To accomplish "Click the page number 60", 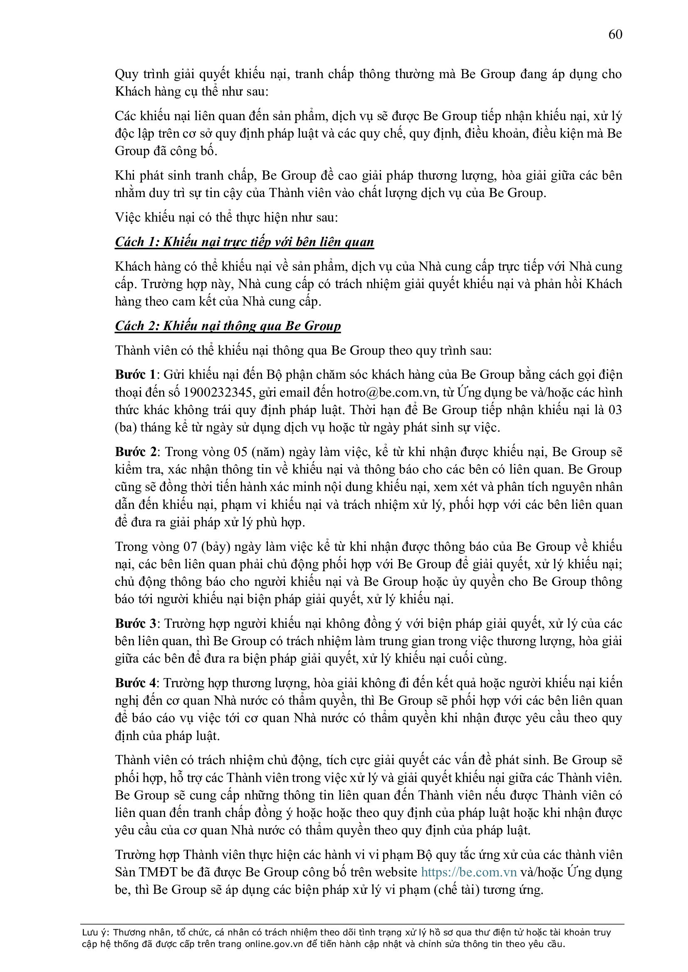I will point(615,34).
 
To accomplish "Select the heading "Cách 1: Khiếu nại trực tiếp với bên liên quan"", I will point(245,242).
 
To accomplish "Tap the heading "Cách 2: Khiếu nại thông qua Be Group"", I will point(228,326).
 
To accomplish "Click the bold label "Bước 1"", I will point(135,375).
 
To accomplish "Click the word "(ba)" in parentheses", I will point(124,427).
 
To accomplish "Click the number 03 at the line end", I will point(614,410).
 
